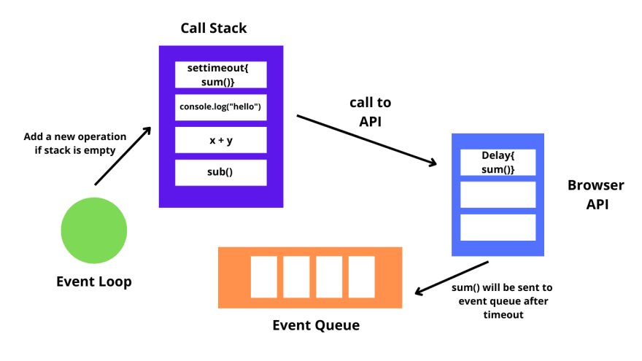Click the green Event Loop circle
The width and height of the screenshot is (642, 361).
click(x=93, y=230)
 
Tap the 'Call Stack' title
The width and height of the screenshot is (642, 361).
click(x=214, y=28)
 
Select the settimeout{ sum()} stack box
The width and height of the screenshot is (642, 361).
click(x=221, y=74)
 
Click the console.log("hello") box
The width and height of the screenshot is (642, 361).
click(x=221, y=107)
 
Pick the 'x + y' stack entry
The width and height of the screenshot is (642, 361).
click(x=221, y=140)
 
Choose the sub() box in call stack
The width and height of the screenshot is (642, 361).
click(x=221, y=172)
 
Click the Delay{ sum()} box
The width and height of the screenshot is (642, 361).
click(x=498, y=162)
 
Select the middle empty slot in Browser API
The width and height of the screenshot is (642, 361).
click(x=498, y=195)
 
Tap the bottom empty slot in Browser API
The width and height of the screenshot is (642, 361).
click(x=498, y=227)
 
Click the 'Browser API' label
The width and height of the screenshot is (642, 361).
click(x=596, y=195)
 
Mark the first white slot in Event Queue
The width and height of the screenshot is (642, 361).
click(x=263, y=277)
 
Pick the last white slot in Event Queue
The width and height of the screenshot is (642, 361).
click(x=361, y=277)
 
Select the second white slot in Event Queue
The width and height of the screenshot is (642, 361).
click(x=296, y=277)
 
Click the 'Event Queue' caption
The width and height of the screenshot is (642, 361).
click(x=316, y=325)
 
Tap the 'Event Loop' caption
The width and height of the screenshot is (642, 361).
click(x=94, y=282)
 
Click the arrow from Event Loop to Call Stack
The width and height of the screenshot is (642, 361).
click(x=123, y=155)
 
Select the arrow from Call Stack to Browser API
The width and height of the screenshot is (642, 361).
click(x=367, y=141)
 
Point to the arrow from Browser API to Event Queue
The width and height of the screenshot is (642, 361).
click(x=451, y=278)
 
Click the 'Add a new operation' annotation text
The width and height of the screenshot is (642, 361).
click(x=74, y=136)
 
